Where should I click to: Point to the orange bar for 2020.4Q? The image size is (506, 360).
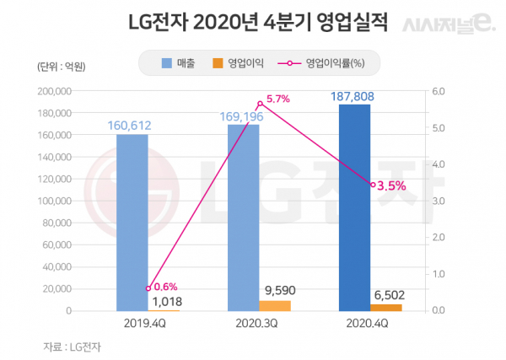point(385,307)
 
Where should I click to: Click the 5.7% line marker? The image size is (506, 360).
point(259,104)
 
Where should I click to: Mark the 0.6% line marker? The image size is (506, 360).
point(148,288)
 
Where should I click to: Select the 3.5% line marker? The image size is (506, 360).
point(372,185)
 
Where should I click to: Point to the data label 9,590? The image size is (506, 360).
point(281,290)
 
